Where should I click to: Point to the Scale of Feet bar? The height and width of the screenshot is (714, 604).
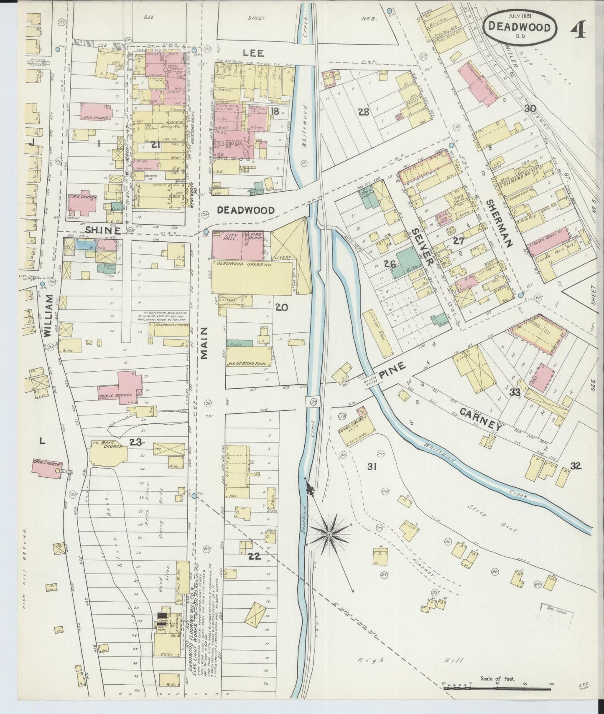point(497,684)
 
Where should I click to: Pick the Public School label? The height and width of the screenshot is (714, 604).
point(116,394)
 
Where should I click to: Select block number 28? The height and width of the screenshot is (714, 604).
point(363,112)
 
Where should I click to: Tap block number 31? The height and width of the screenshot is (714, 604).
point(372,466)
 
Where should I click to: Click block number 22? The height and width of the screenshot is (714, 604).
point(254,556)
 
